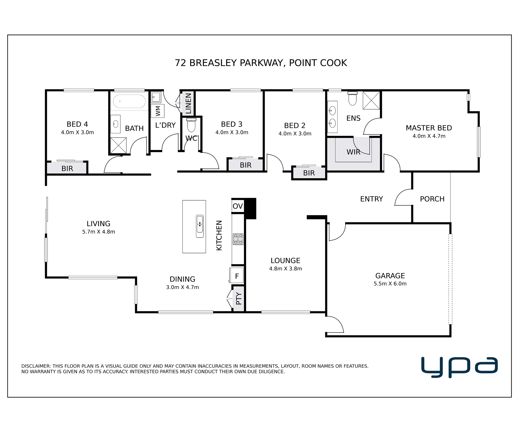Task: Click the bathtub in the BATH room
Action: [x=129, y=101]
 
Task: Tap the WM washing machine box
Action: [x=157, y=111]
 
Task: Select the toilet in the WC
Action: [x=191, y=125]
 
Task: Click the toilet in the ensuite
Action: [x=352, y=99]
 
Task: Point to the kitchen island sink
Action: [x=200, y=226]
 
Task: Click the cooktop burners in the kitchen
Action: [x=238, y=239]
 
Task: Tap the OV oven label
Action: [x=238, y=206]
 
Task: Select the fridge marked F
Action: [x=236, y=276]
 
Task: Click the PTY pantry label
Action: [x=239, y=299]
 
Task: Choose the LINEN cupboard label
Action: [x=188, y=103]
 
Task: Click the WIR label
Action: [x=353, y=152]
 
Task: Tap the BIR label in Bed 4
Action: [x=67, y=169]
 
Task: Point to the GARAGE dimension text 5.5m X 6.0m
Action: [x=390, y=284]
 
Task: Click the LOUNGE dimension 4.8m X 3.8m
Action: [x=285, y=269]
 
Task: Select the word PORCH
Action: [x=432, y=199]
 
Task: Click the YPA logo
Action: [x=459, y=367]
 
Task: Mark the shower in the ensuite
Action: [x=371, y=100]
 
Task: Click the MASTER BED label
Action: [x=429, y=128]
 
